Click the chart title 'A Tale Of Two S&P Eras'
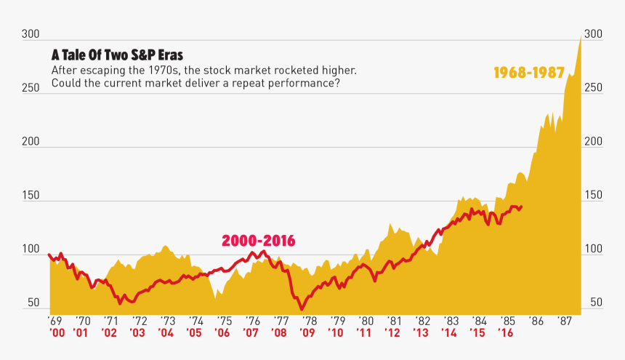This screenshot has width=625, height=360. point(117,55)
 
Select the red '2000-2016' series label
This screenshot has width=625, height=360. point(258,241)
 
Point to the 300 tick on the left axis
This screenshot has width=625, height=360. point(30,34)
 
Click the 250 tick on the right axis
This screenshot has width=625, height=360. point(594,88)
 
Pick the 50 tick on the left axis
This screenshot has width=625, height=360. point(33,303)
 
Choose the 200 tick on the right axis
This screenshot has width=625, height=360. point(594,142)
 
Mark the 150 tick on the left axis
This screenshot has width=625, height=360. point(30,196)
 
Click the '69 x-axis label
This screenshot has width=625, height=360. point(55,321)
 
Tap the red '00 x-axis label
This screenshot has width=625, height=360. point(56,333)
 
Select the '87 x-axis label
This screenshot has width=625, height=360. point(565,321)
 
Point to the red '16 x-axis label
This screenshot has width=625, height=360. point(506,333)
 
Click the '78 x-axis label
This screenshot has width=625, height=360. point(309,321)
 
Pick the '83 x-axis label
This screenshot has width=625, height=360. point(451,321)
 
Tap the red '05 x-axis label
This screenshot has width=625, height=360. point(193,333)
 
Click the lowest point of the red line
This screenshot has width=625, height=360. point(302,309)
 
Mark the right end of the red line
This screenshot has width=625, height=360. point(522,206)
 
